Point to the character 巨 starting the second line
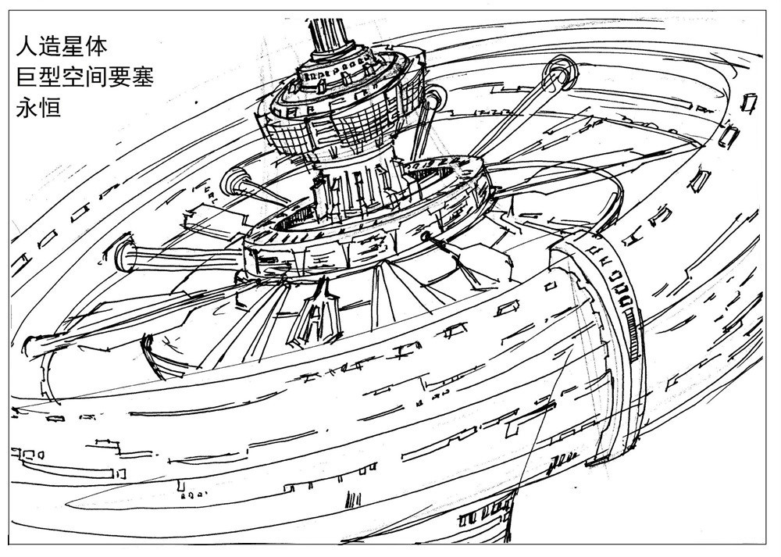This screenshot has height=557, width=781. coord(27,77)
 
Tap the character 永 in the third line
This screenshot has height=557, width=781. coord(27,107)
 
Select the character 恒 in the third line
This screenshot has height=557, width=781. coord(50,107)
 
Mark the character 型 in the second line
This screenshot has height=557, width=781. coord(50,77)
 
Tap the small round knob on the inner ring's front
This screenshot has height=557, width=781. coord(426,237)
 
